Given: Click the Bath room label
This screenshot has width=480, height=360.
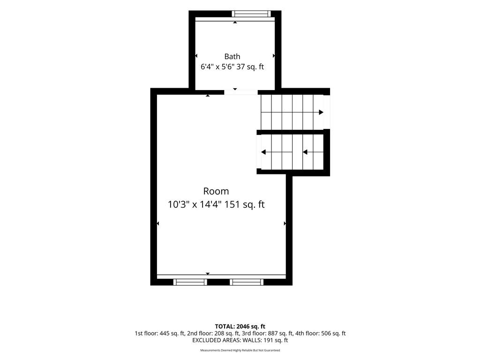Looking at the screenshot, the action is pyautogui.click(x=232, y=57).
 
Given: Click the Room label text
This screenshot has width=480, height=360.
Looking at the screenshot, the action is pyautogui.click(x=216, y=191).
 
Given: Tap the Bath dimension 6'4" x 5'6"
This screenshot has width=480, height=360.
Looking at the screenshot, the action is pyautogui.click(x=217, y=67).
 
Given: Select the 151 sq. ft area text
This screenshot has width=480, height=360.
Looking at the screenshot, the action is pyautogui.click(x=245, y=204).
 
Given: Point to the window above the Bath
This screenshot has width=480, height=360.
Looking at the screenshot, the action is pyautogui.click(x=251, y=14).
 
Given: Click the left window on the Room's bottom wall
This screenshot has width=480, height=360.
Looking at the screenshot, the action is pyautogui.click(x=190, y=282).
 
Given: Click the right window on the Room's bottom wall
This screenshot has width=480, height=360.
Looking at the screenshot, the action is pyautogui.click(x=247, y=282).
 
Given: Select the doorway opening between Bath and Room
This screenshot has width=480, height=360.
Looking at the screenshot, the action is pyautogui.click(x=241, y=92).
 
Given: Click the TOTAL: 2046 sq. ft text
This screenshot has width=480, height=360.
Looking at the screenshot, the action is pyautogui.click(x=240, y=326).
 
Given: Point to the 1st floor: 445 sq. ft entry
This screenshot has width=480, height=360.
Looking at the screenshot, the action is pyautogui.click(x=159, y=333).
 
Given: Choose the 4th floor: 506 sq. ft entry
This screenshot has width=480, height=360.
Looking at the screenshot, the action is pyautogui.click(x=321, y=333).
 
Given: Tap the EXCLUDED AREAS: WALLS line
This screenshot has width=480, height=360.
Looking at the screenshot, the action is pyautogui.click(x=240, y=340).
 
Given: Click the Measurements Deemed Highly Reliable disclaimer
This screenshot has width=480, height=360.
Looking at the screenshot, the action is pyautogui.click(x=240, y=350).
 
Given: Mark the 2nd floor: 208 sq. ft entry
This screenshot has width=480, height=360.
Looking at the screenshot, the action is pyautogui.click(x=213, y=333).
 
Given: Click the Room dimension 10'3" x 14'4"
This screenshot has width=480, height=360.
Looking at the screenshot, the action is pyautogui.click(x=195, y=204).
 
